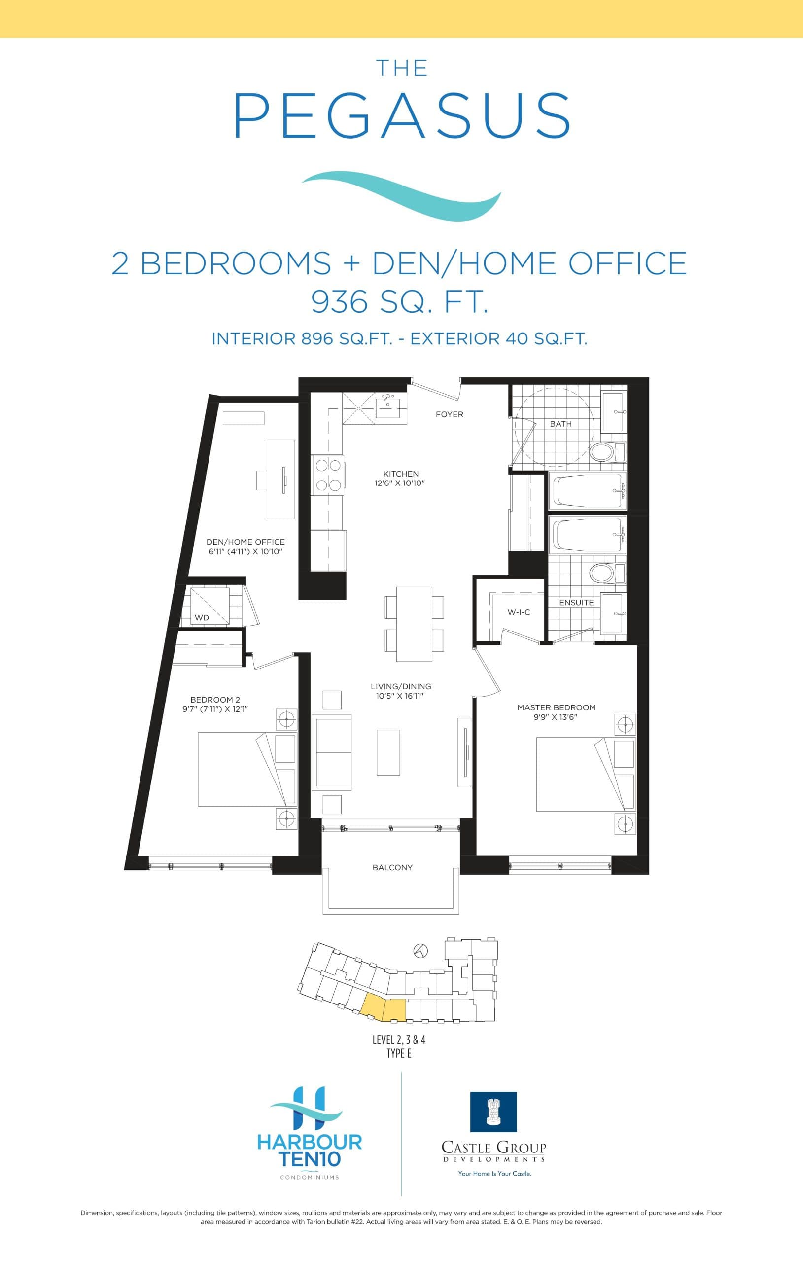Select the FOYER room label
click(449, 414)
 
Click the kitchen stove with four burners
click(328, 475)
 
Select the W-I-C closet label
click(519, 612)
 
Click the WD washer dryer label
click(202, 617)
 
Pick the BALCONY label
click(392, 867)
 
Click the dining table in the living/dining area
click(414, 624)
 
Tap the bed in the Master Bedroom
click(574, 774)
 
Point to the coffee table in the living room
click(388, 752)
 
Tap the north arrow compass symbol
click(421, 950)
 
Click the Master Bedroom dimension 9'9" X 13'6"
click(556, 717)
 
